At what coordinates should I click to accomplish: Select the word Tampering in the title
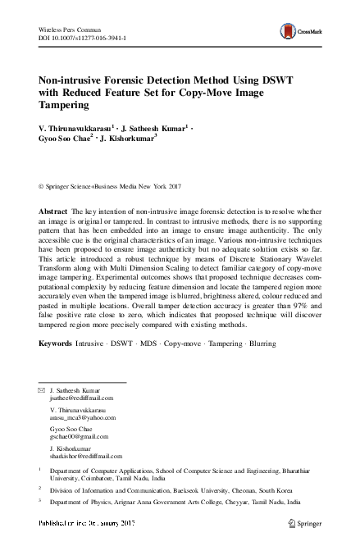coord(70,105)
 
